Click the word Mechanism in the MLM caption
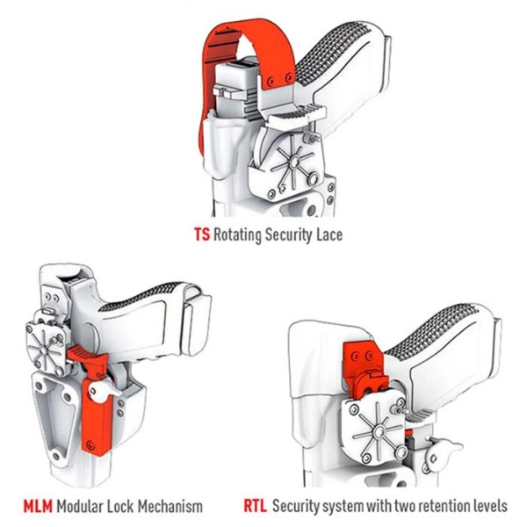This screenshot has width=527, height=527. click(171, 506)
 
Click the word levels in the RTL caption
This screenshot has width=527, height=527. click(489, 506)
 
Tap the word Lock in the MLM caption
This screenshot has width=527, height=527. click(128, 506)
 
